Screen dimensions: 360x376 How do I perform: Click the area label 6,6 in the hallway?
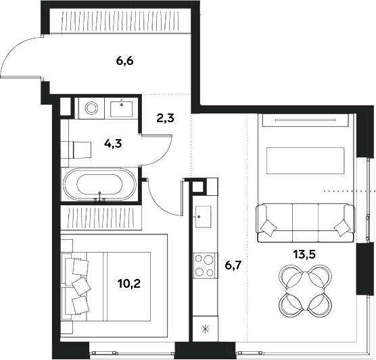click(x=124, y=61)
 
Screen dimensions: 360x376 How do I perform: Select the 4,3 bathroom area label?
click(x=112, y=143)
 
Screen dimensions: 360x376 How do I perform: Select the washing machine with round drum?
click(x=89, y=108)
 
